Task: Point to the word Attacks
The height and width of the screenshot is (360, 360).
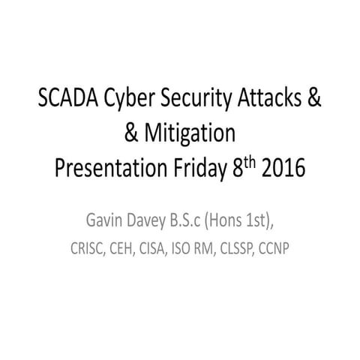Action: click(266, 103)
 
